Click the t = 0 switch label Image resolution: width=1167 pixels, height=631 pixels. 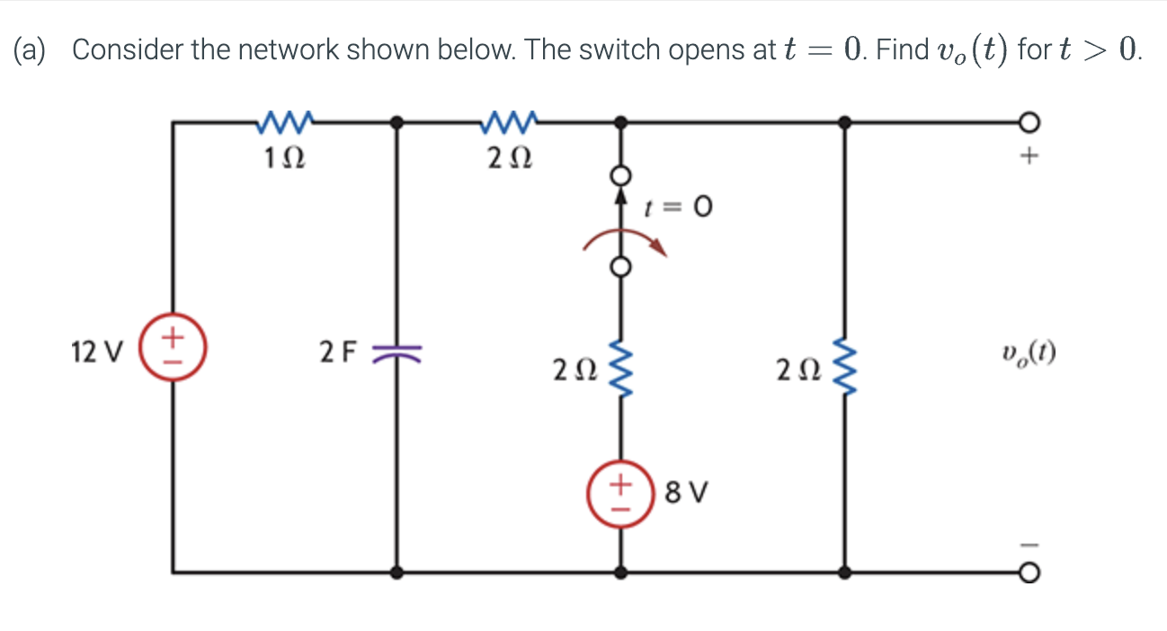(x=679, y=209)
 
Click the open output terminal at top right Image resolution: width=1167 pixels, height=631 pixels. (x=1031, y=120)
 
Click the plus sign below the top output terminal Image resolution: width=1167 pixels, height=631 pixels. (x=1030, y=158)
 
